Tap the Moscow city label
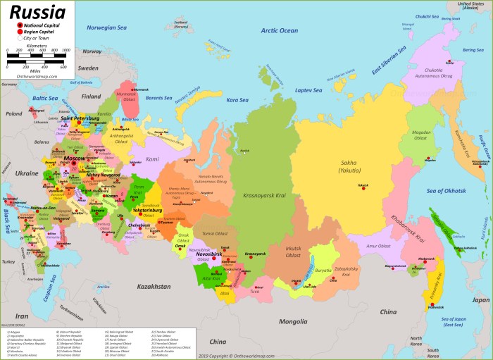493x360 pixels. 73,159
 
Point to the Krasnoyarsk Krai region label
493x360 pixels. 263,194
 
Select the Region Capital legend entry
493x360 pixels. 38,32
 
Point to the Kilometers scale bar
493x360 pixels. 37,56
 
